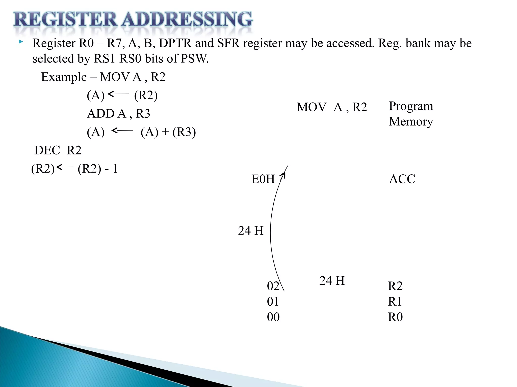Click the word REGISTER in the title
tap(65, 20)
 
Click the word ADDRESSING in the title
tap(187, 20)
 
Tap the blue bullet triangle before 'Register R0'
tap(21, 42)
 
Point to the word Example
tap(64, 77)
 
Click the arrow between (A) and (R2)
tap(118, 94)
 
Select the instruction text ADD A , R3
tap(118, 114)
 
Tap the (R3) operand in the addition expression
tap(184, 132)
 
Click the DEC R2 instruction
tap(58, 150)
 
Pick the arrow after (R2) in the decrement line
tap(65, 167)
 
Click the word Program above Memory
tap(411, 106)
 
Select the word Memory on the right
tap(411, 121)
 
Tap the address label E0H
tap(263, 179)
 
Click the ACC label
tap(402, 179)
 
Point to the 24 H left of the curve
tap(250, 231)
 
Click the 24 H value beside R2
tap(332, 281)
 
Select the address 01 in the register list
tap(273, 302)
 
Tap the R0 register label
tap(395, 317)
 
